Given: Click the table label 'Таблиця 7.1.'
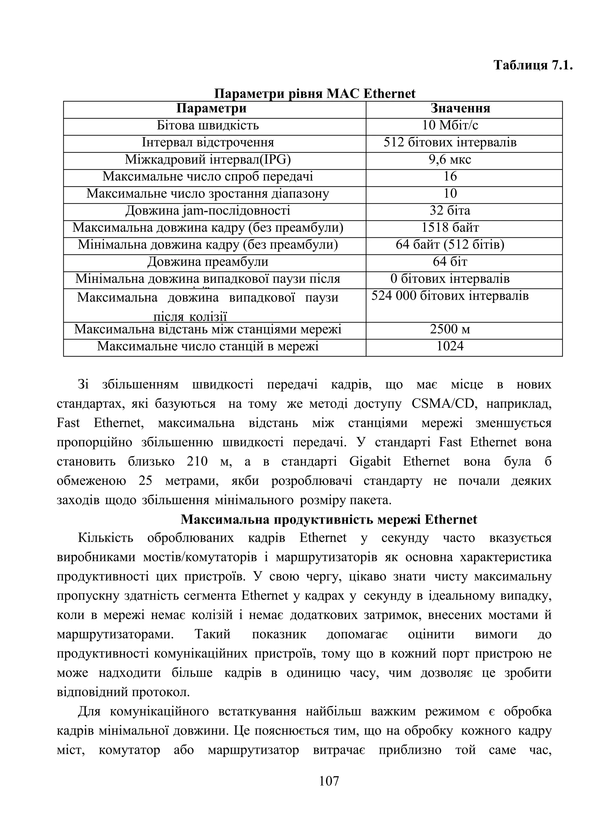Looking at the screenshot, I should coord(533,66).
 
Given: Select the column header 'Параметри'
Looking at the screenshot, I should coord(211,109).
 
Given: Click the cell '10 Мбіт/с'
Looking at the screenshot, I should coord(450,126).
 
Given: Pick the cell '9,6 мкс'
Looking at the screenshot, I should coord(450,160).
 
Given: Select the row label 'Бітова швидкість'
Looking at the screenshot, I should coord(208,126).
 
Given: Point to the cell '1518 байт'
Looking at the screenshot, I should coord(450,228).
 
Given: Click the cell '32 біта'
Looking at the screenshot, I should coord(450,211).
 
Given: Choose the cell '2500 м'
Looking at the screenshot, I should coord(450,330).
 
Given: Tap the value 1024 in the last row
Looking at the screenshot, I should coord(450,346).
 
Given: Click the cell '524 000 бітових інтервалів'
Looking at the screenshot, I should coord(450,296).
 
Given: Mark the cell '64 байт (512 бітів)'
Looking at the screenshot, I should coord(450,245).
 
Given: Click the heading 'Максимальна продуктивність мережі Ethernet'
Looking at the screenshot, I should coord(329,519).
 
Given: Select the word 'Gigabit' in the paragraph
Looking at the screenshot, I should coord(370,462).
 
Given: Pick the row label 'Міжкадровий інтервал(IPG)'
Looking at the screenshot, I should coord(208,160).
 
